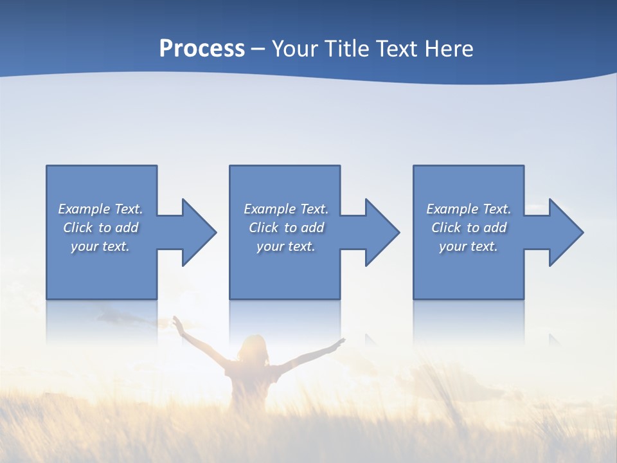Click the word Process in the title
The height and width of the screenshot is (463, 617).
click(202, 49)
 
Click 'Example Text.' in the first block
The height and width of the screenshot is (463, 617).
click(100, 209)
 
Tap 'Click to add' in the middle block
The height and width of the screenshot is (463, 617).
click(286, 228)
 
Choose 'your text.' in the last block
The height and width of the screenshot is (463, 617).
click(469, 246)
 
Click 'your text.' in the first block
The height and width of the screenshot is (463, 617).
click(100, 246)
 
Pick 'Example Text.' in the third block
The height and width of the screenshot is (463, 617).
click(469, 209)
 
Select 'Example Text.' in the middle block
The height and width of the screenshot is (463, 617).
click(286, 209)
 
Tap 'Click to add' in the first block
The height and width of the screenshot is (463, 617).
click(100, 228)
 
